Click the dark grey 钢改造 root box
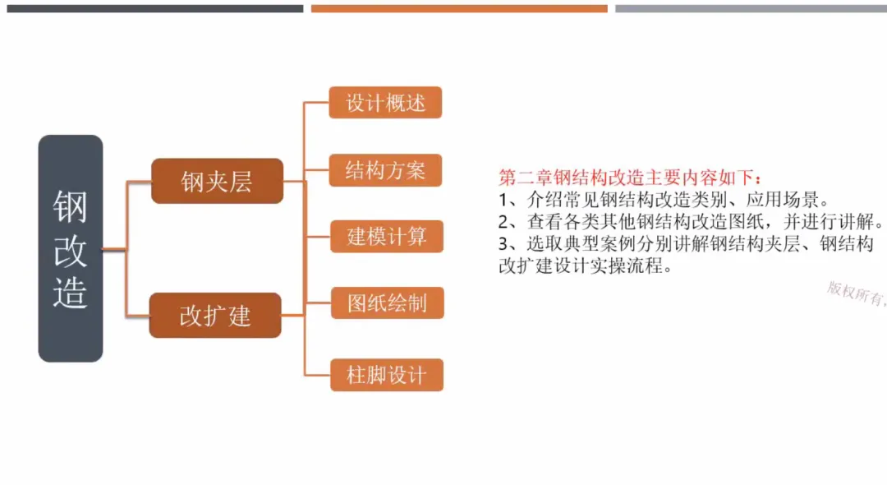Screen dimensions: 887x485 pos(71,248)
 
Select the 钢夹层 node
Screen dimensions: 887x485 pos(217,181)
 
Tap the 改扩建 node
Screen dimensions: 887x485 pos(215,316)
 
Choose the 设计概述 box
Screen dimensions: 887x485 pos(385,103)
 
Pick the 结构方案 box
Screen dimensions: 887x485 pos(385,170)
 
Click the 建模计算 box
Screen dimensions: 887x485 pos(386,237)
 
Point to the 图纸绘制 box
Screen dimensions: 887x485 pos(387,303)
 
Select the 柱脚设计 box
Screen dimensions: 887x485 pos(387,375)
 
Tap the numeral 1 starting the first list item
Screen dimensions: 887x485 pos(503,200)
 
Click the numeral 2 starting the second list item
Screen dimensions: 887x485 pos(504,222)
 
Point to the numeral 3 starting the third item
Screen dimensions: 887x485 pos(504,244)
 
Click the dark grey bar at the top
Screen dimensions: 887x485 pos(154,8)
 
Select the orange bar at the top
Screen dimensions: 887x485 pos(459,8)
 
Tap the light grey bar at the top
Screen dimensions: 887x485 pos(751,8)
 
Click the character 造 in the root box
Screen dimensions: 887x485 pos(71,292)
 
